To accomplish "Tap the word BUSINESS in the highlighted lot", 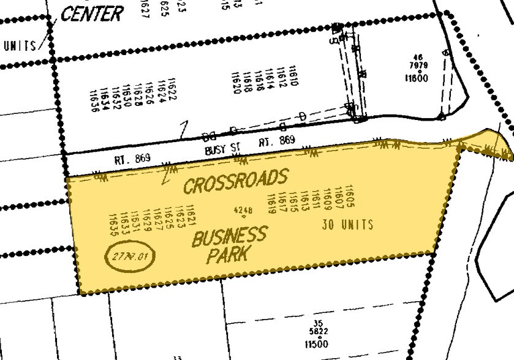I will pos(229,236).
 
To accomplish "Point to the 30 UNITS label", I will pos(347,225).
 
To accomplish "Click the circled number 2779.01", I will pos(131,255).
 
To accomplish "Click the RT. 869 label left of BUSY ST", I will pos(131,157).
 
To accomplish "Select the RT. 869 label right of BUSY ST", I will pos(277,141).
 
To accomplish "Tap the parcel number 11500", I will pos(316,343).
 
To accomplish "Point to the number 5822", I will pos(316,333).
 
